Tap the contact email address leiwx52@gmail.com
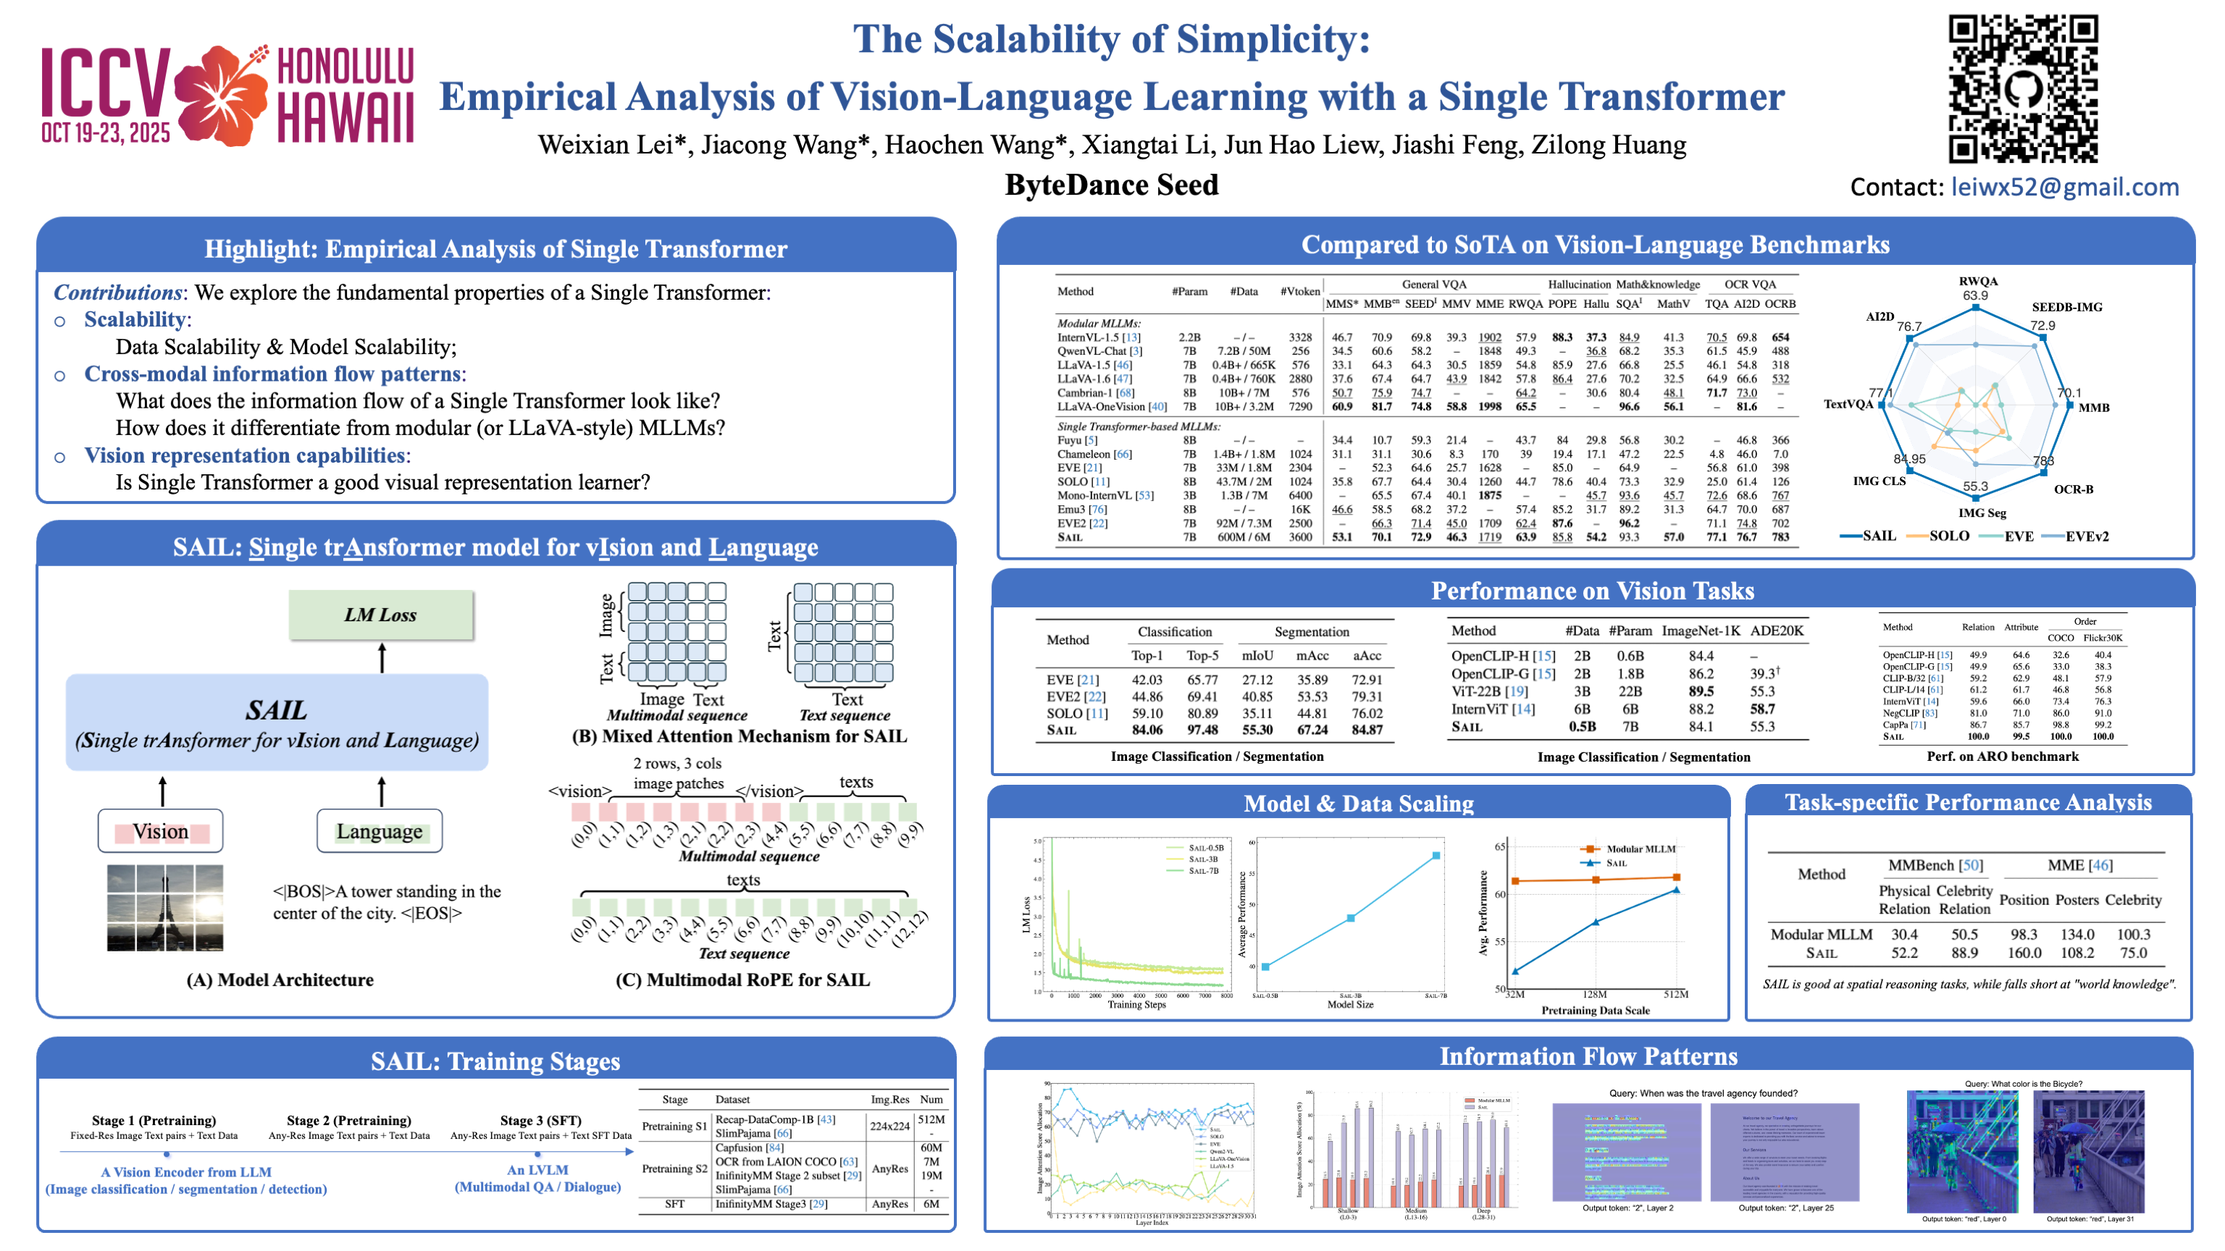[2063, 188]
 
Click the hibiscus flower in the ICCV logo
[222, 95]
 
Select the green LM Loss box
[381, 615]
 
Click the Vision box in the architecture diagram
[161, 831]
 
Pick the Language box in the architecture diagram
[380, 831]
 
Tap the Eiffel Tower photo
[165, 907]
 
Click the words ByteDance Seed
[1112, 185]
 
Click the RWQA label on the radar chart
[1977, 282]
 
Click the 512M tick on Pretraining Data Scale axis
[1676, 995]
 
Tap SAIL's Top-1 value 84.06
[1147, 730]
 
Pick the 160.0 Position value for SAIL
[2024, 953]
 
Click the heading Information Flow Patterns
[1588, 1057]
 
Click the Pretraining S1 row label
[674, 1126]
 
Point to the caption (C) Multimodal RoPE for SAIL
[742, 980]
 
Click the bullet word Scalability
[135, 319]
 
